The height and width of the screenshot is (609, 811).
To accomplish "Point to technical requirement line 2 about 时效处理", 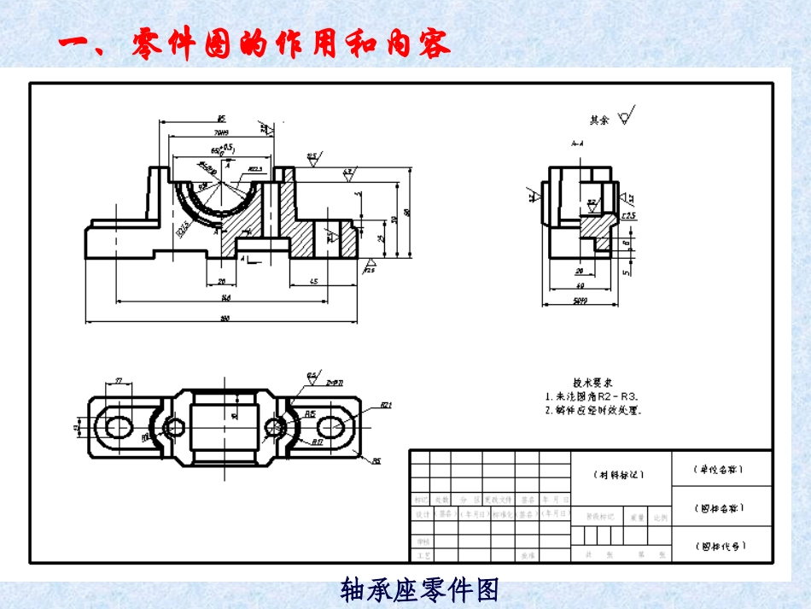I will (592, 409).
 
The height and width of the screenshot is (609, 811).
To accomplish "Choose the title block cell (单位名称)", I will (721, 469).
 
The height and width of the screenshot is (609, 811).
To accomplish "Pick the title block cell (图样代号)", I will (721, 545).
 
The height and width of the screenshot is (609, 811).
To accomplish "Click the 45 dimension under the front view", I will (314, 282).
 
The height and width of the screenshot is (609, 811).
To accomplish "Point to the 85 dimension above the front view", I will (220, 120).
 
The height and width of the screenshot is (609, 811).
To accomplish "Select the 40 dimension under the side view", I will (579, 286).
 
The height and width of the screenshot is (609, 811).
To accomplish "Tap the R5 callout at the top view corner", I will (376, 462).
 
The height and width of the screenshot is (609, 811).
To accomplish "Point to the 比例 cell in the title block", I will (660, 517).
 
